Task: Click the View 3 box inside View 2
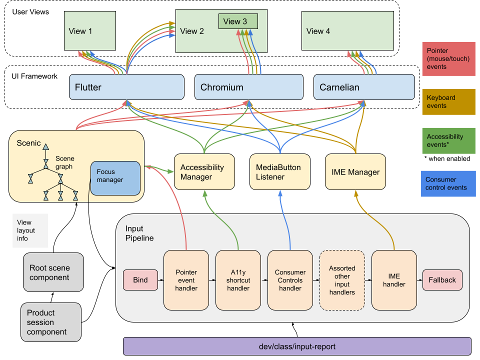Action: click(x=238, y=21)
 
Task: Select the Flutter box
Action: click(x=126, y=87)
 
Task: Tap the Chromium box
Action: click(x=248, y=87)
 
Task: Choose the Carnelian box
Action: click(x=364, y=87)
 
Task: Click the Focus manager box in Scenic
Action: click(x=115, y=177)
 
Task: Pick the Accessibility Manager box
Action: click(x=204, y=172)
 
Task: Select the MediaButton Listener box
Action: click(x=279, y=172)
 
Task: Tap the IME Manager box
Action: click(x=355, y=172)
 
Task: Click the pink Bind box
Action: click(x=140, y=280)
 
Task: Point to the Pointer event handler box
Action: click(x=186, y=280)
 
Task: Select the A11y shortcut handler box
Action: click(x=238, y=280)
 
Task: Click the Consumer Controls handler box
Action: click(x=290, y=280)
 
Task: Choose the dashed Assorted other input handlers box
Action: click(x=342, y=280)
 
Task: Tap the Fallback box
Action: click(x=442, y=280)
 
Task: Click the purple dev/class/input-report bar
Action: click(x=297, y=346)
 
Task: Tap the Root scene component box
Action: click(x=53, y=272)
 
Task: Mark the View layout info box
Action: click(x=30, y=230)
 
